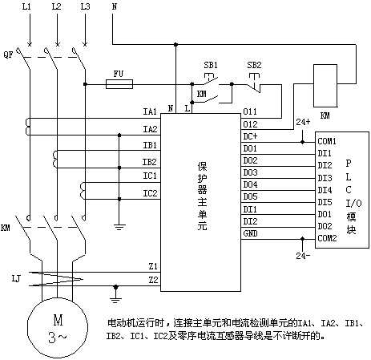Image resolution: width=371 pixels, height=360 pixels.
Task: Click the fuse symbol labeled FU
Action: [119, 84]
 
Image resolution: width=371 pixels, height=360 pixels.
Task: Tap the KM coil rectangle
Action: [325, 86]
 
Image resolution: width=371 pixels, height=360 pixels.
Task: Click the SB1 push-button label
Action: [211, 65]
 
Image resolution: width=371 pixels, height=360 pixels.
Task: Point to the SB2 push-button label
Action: [254, 65]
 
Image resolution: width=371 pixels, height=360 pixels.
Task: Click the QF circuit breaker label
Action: [8, 55]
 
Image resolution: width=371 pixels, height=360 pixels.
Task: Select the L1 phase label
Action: [26, 6]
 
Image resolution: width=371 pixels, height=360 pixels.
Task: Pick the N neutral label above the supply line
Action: [115, 6]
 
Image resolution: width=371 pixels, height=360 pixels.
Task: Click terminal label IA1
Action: [150, 111]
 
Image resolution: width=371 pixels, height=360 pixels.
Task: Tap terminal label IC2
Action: [150, 193]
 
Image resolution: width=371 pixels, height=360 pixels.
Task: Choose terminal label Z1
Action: [153, 266]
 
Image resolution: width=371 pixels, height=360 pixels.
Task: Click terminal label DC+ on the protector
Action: [250, 136]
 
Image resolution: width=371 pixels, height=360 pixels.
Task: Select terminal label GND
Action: [250, 233]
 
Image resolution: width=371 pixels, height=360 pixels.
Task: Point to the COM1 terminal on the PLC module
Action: [327, 141]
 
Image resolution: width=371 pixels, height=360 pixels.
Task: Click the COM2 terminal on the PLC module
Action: [327, 238]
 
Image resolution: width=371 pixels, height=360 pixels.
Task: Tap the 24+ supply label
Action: [303, 122]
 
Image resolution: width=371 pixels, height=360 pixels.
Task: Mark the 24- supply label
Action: [303, 256]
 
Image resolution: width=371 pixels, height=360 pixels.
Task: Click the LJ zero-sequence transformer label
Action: [16, 279]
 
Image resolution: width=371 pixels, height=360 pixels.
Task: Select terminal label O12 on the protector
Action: [250, 124]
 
